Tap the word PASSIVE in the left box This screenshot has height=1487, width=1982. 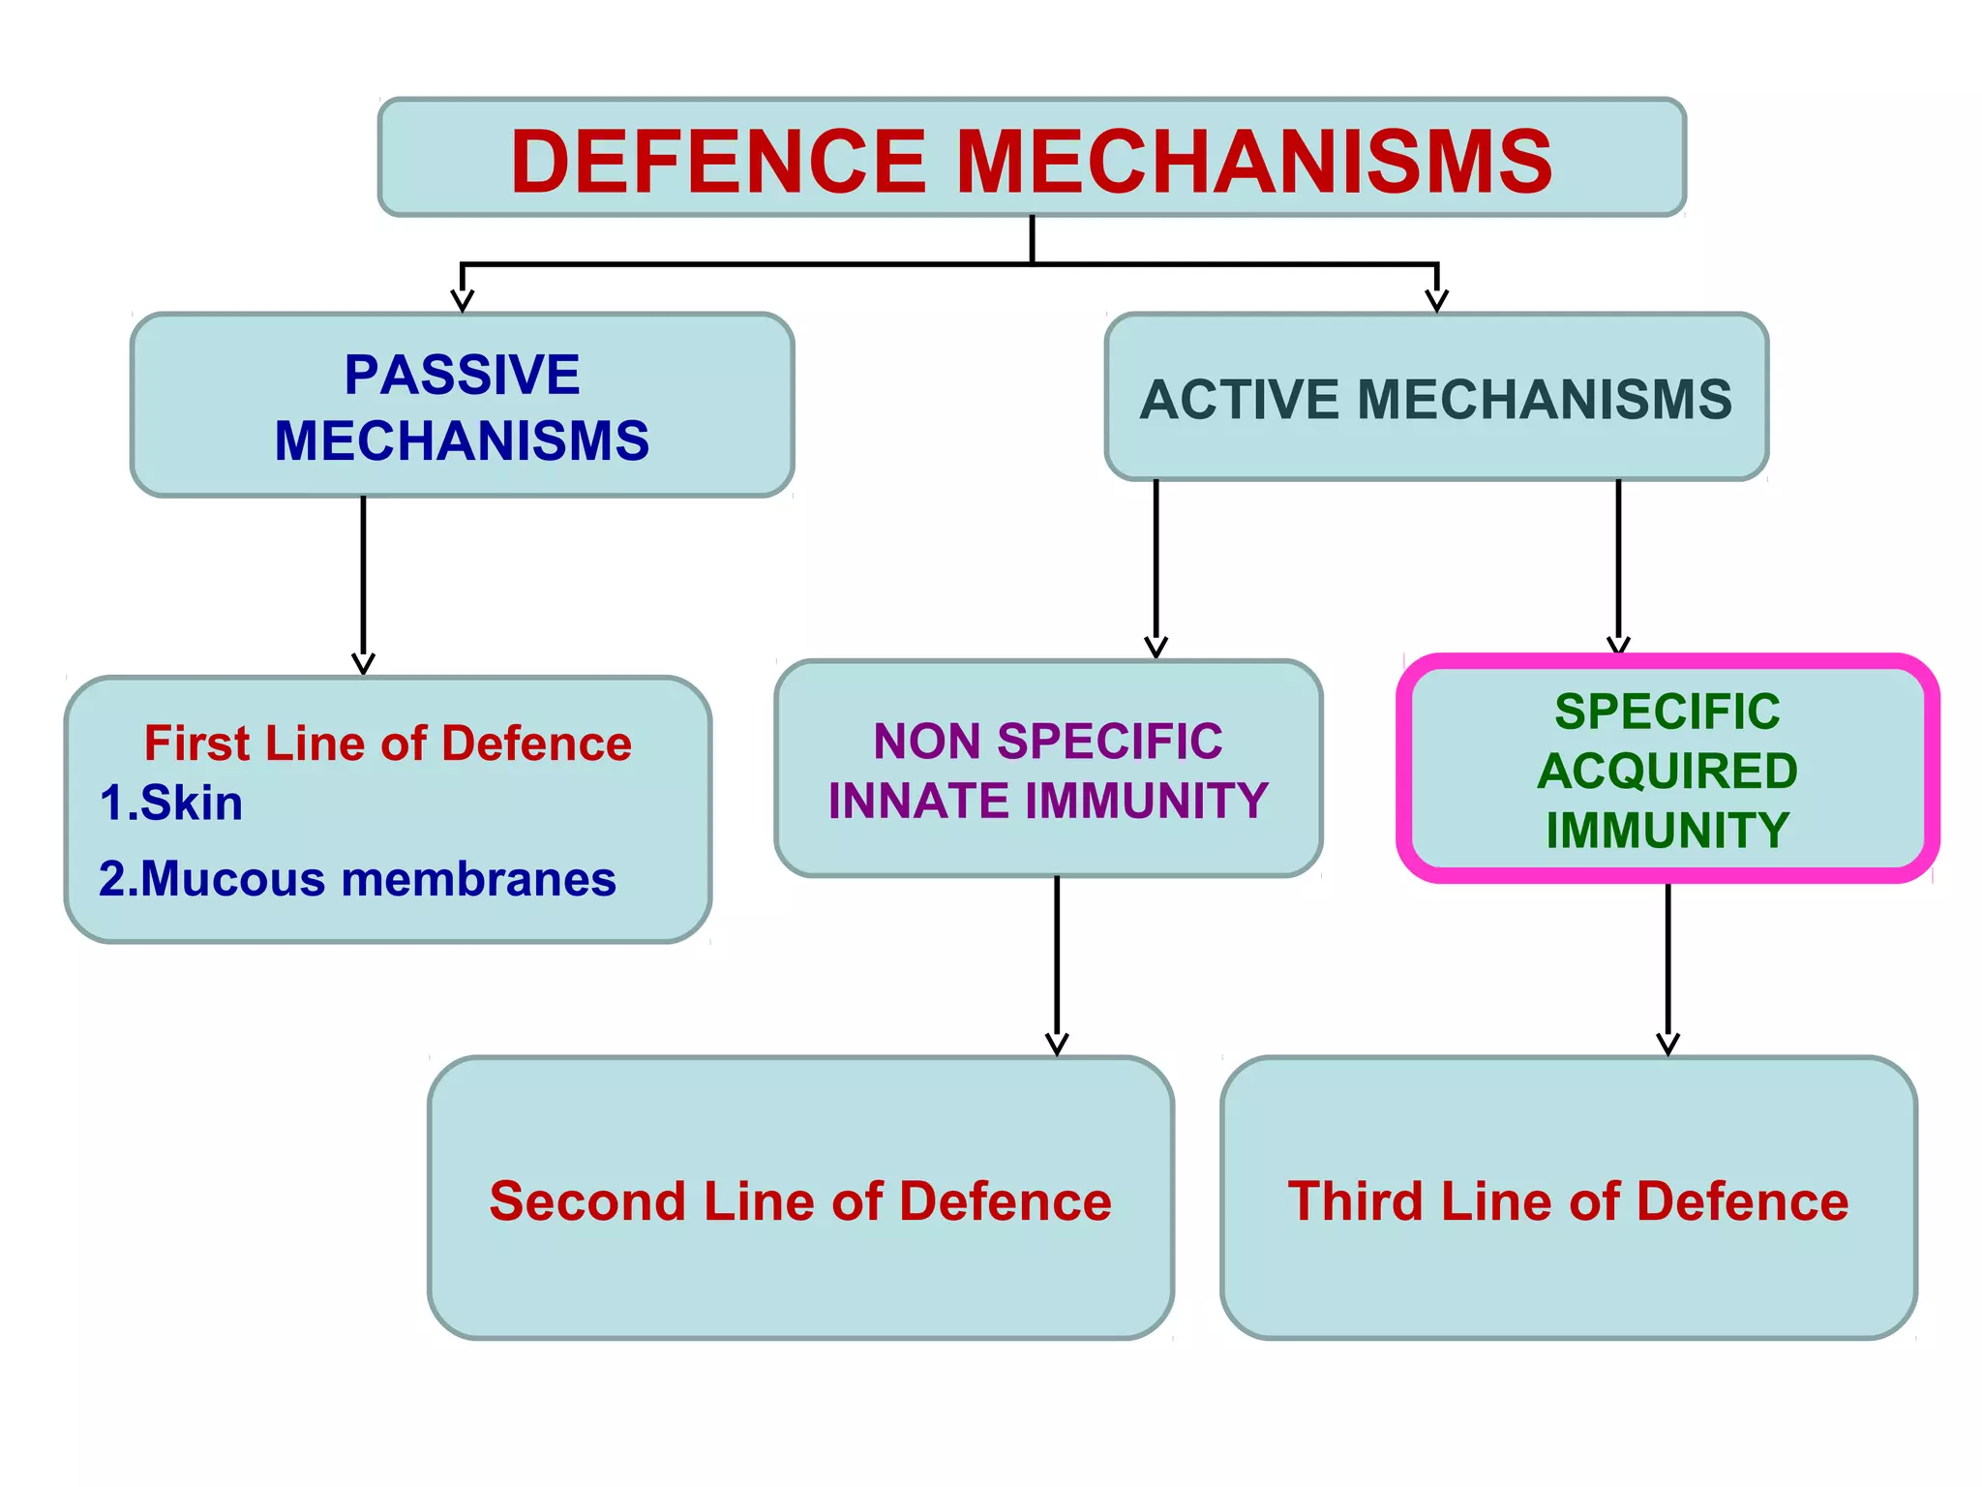[462, 375]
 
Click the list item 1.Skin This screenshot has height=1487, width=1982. [171, 803]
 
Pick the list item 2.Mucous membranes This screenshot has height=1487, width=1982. [357, 879]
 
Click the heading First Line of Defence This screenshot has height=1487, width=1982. [387, 743]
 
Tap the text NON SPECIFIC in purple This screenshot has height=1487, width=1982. [1047, 742]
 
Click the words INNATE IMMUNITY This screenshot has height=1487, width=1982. [1047, 801]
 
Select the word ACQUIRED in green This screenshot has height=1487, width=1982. [1667, 772]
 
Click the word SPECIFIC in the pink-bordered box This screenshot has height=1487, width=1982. [1667, 713]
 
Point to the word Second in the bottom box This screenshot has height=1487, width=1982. [587, 1201]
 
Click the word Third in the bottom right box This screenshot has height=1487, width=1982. [1355, 1201]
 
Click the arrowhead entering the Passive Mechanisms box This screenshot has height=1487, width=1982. [463, 300]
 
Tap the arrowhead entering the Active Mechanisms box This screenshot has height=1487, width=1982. [1437, 300]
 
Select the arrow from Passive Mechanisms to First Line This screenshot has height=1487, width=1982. [363, 581]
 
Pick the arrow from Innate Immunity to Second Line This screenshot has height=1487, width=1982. [1057, 963]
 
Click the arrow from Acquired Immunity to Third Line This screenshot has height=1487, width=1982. [1667, 968]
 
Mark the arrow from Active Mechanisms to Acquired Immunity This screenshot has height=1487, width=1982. [1618, 561]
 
